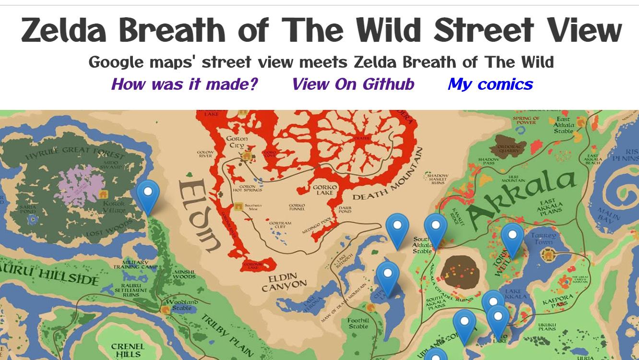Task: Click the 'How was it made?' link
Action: coord(184,84)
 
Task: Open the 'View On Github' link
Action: coord(353,84)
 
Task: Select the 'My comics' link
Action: coord(490,84)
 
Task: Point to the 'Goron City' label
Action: coord(237,142)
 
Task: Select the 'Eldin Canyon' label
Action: coord(284,282)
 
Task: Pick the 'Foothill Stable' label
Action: coord(358,323)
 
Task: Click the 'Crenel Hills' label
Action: coord(128,350)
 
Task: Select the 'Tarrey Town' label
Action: coord(544,239)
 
